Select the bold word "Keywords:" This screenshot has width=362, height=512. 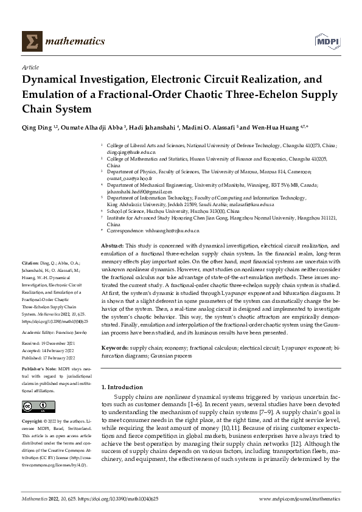[x=114, y=348]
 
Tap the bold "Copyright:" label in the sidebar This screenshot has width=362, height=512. [x=33, y=421]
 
